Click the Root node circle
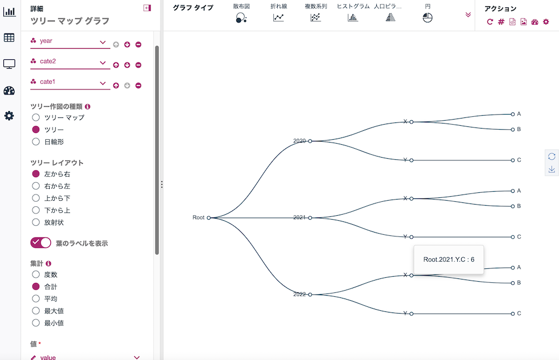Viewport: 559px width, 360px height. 209,218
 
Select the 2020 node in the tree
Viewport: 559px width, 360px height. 310,141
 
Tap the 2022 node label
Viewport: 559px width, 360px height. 300,294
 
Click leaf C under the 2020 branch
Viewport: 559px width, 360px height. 513,160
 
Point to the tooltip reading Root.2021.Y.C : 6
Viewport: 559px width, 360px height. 449,259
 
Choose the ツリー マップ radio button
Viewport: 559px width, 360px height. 36,117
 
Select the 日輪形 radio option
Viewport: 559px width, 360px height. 36,141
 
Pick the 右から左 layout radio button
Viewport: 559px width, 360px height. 36,186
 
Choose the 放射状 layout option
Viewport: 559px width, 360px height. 36,222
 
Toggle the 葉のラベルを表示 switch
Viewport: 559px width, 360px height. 41,243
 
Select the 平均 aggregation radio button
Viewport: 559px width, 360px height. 36,299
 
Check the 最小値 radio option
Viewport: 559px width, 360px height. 36,323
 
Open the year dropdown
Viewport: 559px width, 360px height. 70,41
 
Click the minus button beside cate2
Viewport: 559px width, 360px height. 138,65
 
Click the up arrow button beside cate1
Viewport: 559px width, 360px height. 116,86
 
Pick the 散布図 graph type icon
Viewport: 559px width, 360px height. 241,17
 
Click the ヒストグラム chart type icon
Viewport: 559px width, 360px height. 353,17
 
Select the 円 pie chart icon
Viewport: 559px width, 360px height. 428,17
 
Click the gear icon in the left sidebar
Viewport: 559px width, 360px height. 9,116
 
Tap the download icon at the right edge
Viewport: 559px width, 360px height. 552,169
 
